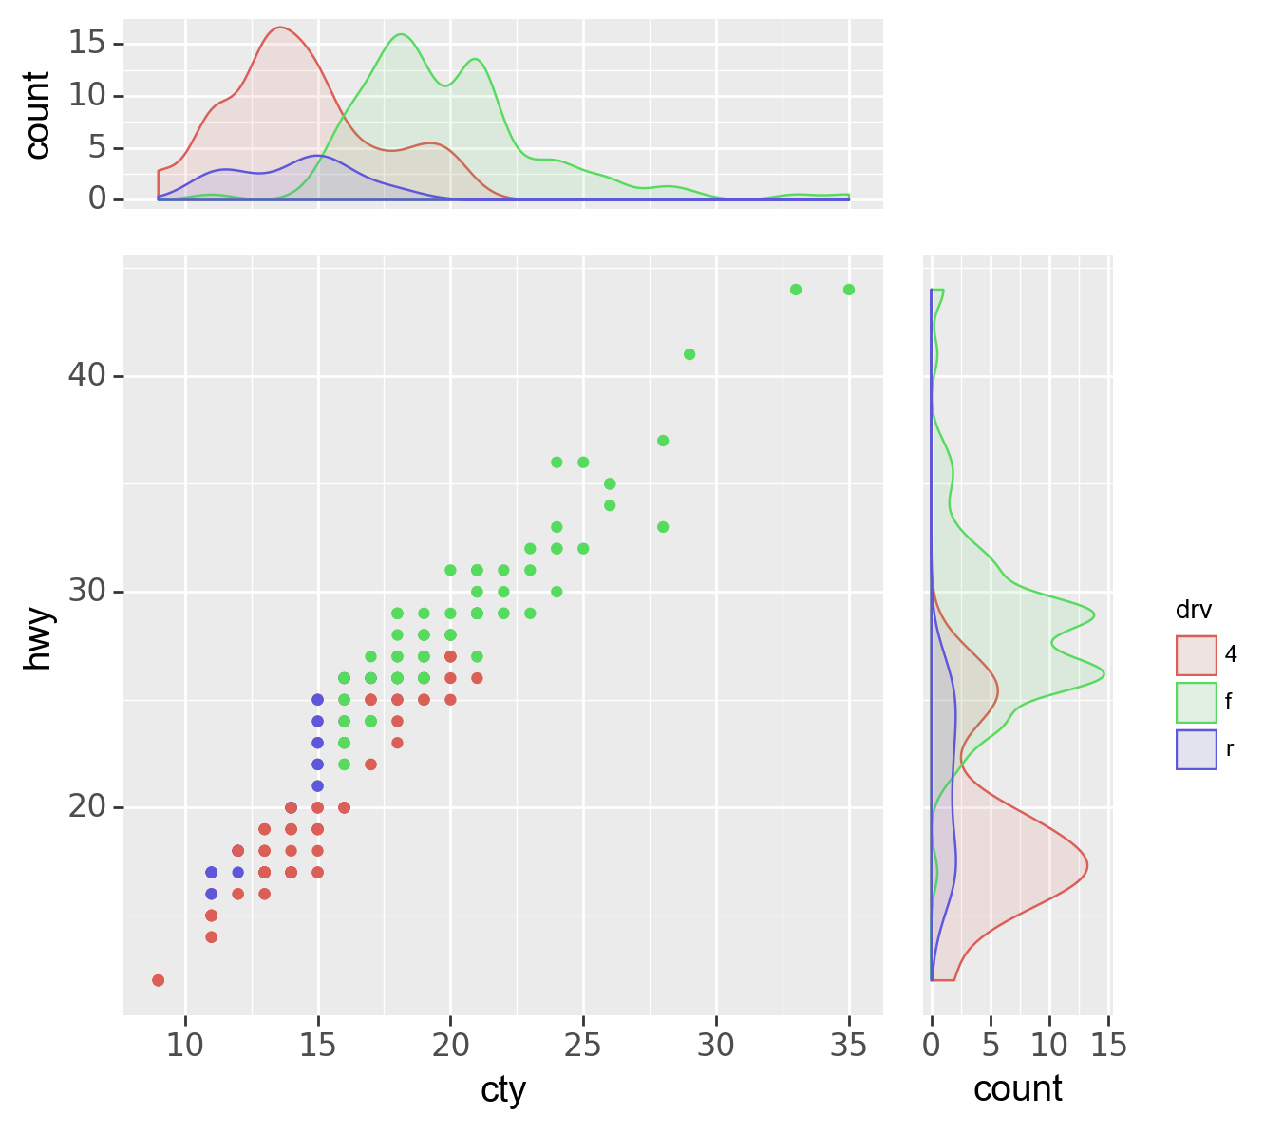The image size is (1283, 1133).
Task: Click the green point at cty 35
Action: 849,290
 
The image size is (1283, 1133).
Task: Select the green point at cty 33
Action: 796,290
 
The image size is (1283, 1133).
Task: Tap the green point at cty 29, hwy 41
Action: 689,354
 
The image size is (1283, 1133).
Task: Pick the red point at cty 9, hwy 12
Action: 159,980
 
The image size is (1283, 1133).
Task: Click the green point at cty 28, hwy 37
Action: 663,441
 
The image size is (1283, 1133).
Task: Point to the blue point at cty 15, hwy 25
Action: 317,700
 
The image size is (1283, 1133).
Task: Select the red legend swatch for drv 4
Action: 1196,655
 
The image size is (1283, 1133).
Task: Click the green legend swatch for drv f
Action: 1196,702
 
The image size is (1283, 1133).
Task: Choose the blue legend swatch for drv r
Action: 1196,749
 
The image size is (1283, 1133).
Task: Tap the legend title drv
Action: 1194,611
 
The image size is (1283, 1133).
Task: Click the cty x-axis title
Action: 503,1090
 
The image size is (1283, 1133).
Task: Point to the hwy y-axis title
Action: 38,638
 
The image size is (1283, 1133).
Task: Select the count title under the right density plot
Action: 1017,1089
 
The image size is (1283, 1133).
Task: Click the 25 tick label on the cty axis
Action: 583,1046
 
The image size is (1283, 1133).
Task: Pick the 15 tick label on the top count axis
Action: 86,44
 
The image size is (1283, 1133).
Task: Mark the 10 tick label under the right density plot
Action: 1049,1046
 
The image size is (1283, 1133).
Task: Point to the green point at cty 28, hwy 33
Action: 663,527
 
